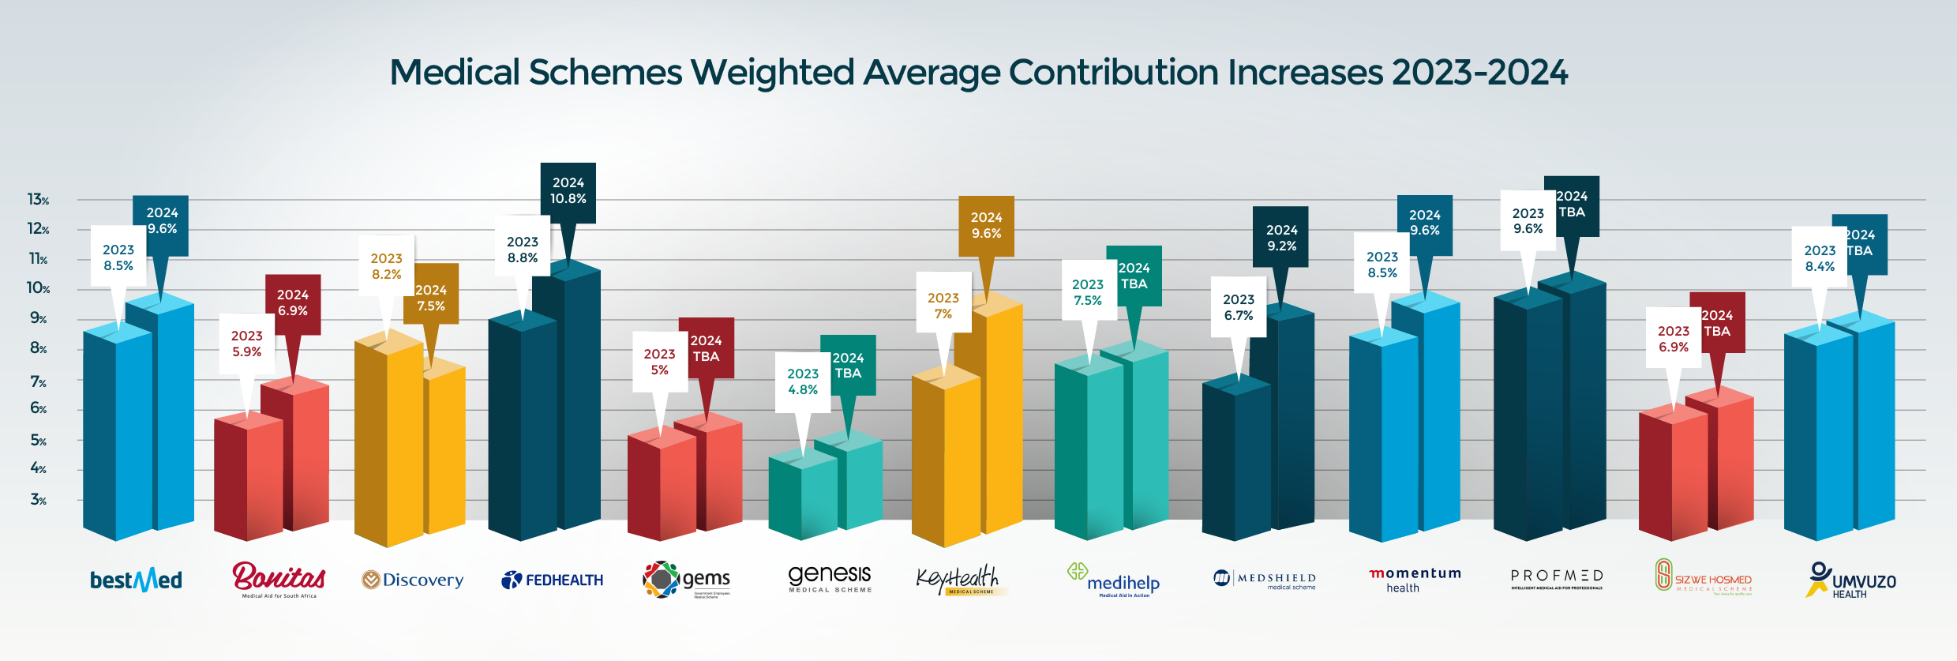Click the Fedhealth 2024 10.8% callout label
(x=568, y=191)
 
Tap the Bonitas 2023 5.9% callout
(x=246, y=344)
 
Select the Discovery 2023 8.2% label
(x=386, y=266)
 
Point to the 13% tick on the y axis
(x=38, y=200)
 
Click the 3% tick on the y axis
(x=38, y=500)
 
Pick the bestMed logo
(x=136, y=580)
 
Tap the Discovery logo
(x=413, y=580)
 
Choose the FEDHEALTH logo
(x=553, y=580)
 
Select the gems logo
(x=687, y=580)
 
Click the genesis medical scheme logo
(x=830, y=578)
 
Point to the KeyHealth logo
(x=960, y=580)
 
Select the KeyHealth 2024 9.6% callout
(x=986, y=226)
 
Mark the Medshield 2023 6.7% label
(x=1238, y=307)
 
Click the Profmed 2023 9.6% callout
(x=1528, y=221)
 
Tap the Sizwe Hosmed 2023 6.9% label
(x=1673, y=339)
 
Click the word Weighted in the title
(x=772, y=73)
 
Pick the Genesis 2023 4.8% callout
(x=802, y=381)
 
